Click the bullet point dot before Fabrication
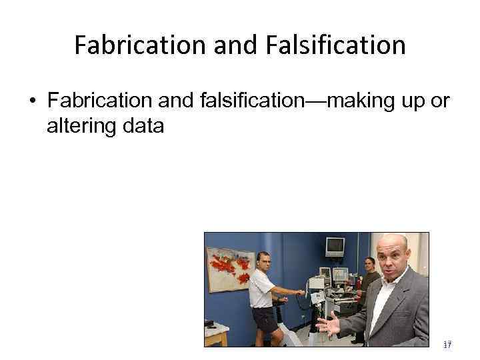click(x=33, y=101)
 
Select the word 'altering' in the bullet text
click(x=85, y=125)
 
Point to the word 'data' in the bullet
click(x=145, y=125)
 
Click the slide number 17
click(x=447, y=345)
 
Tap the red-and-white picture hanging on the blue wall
click(x=231, y=268)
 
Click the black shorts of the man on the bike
click(x=263, y=319)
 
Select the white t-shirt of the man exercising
click(x=261, y=287)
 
